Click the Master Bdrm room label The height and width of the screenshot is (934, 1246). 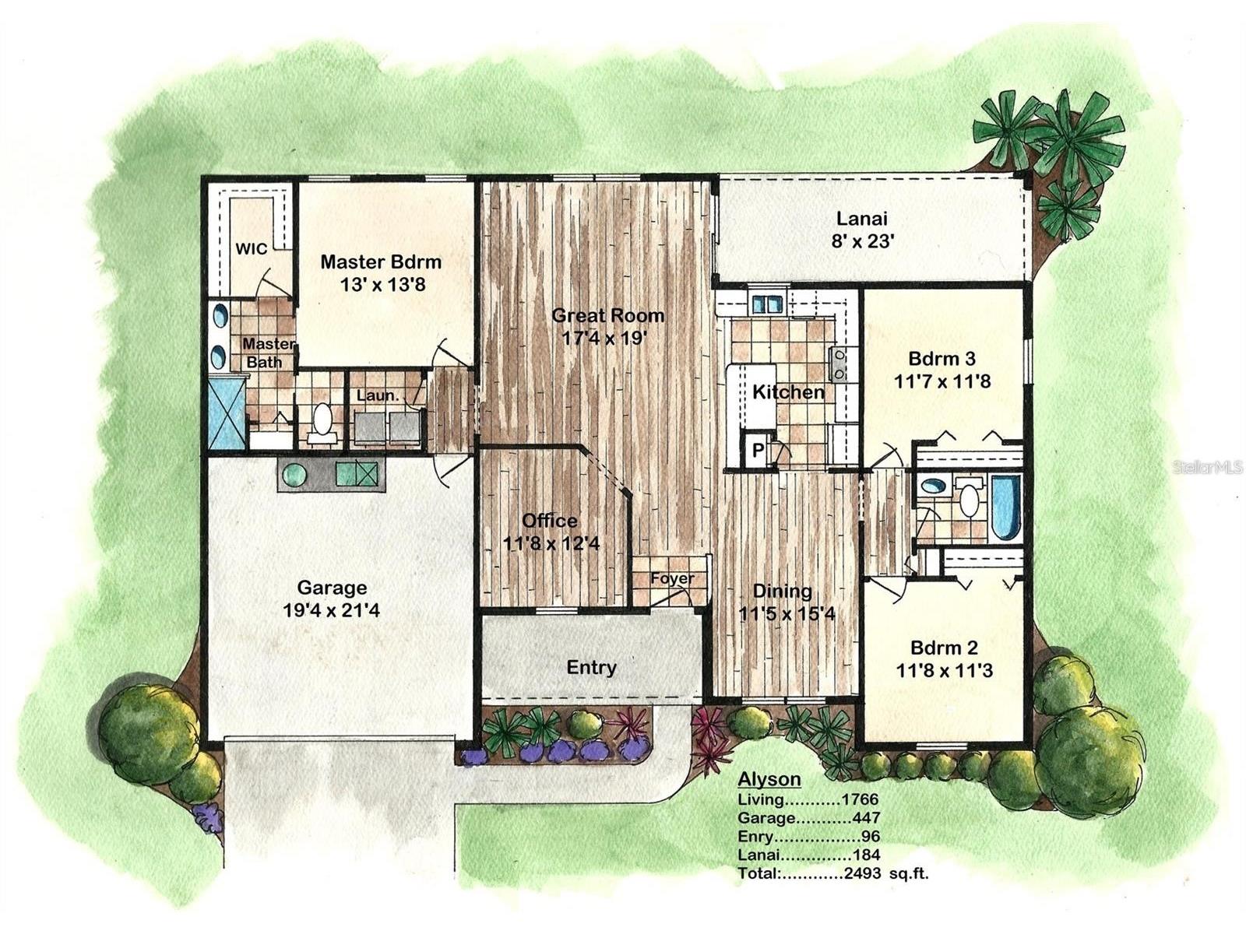(381, 262)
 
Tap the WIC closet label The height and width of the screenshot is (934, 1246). (252, 249)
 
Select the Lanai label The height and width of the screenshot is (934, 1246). (862, 219)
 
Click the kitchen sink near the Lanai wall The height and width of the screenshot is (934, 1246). (767, 304)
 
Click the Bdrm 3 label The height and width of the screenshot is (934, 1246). (942, 359)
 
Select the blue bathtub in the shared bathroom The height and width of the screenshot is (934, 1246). (1005, 507)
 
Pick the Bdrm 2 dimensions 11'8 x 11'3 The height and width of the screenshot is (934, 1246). (944, 671)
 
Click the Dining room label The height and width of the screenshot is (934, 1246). (782, 592)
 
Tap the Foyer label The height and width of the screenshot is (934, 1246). (672, 579)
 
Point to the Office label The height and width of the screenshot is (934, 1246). (550, 521)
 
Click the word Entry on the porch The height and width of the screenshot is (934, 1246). (591, 667)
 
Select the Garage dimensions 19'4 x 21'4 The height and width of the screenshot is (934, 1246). (332, 610)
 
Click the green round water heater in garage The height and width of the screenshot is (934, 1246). (294, 475)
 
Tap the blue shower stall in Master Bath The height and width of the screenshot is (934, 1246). (227, 413)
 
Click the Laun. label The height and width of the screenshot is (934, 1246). (378, 395)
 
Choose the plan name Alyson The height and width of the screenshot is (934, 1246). (769, 779)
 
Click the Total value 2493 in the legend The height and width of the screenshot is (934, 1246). (862, 873)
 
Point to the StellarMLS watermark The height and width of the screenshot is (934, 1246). (1206, 468)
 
